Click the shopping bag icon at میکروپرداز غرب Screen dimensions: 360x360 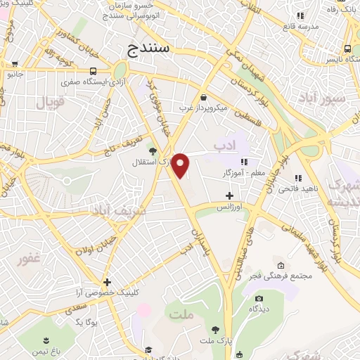tap(203, 97)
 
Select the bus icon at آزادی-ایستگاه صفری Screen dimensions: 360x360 tap(94, 71)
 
